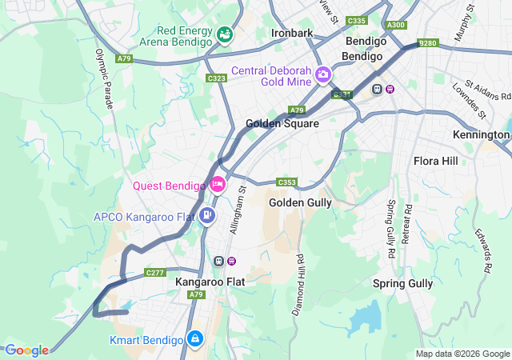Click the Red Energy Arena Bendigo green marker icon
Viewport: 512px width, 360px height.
(225, 34)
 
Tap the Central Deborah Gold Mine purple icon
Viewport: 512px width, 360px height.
(323, 75)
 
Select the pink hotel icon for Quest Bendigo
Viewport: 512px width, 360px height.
(218, 186)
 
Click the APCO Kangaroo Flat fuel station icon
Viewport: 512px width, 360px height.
(206, 214)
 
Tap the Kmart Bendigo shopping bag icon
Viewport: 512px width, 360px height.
(194, 340)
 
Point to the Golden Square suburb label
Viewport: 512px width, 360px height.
(282, 124)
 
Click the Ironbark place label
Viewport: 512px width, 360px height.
(292, 34)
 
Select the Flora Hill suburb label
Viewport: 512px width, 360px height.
(436, 161)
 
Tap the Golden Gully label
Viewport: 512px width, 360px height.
(300, 202)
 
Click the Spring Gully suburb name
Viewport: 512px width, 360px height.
(402, 283)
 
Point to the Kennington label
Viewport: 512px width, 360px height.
(481, 134)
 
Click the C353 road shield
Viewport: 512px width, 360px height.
(287, 182)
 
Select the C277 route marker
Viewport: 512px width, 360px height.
(155, 273)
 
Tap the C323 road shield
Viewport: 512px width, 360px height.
(216, 78)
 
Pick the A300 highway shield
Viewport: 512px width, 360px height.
(395, 25)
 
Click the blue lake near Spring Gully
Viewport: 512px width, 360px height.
(365, 315)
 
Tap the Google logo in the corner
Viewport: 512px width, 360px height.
(26, 350)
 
